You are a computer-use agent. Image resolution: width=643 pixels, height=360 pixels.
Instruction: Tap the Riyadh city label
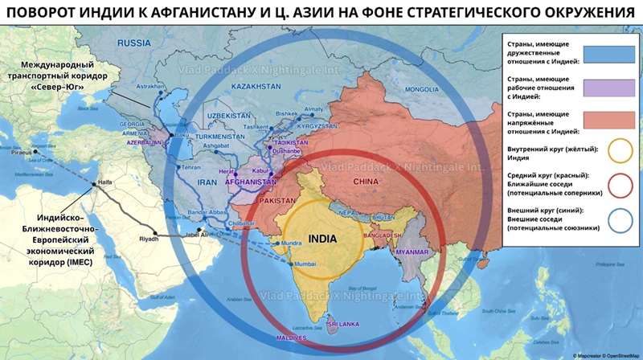click(149, 239)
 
